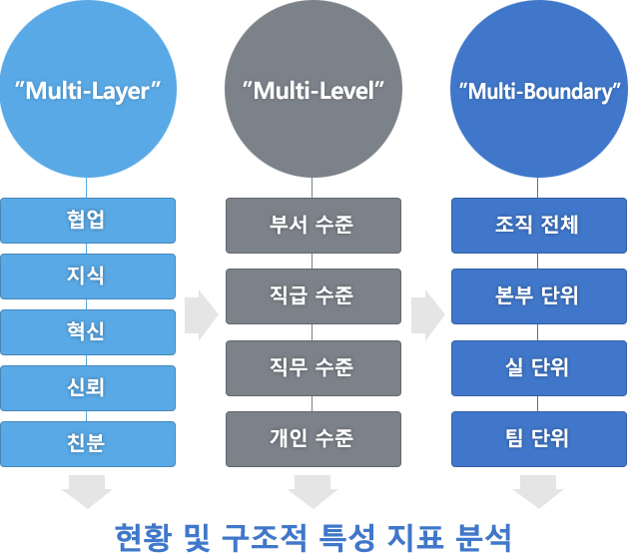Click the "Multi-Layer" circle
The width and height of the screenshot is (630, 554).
(88, 89)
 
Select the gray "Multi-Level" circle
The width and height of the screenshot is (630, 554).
(314, 89)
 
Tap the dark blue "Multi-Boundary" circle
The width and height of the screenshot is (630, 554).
(539, 89)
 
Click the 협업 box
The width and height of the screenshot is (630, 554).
(88, 221)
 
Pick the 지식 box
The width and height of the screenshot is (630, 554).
(88, 277)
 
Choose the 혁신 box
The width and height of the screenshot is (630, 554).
(88, 332)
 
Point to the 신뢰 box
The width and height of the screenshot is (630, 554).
(88, 388)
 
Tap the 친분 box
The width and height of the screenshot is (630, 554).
(88, 444)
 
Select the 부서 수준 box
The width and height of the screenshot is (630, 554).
(314, 226)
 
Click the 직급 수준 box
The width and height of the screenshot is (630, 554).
(314, 296)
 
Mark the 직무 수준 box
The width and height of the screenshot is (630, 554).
(314, 368)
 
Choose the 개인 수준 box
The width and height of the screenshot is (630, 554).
(314, 439)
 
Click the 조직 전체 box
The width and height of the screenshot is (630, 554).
(539, 226)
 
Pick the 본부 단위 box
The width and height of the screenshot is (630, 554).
(539, 296)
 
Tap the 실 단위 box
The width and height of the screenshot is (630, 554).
(539, 368)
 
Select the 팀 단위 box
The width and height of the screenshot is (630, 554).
(539, 439)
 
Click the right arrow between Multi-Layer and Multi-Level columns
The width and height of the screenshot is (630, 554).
(201, 315)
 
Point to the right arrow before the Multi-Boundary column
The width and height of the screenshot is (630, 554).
(428, 315)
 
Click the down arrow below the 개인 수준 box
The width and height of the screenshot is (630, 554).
(313, 492)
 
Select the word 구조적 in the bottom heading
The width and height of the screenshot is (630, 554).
(265, 537)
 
